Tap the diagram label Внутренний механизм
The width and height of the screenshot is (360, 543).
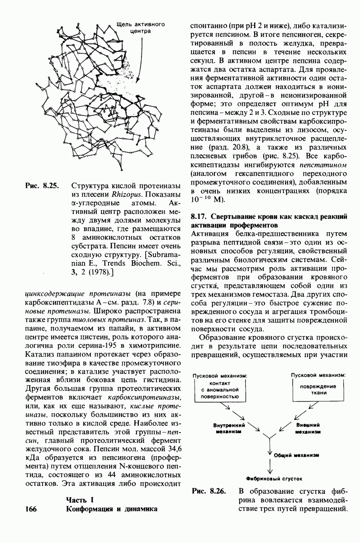(229, 429)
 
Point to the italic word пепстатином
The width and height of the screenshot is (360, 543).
(322, 164)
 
